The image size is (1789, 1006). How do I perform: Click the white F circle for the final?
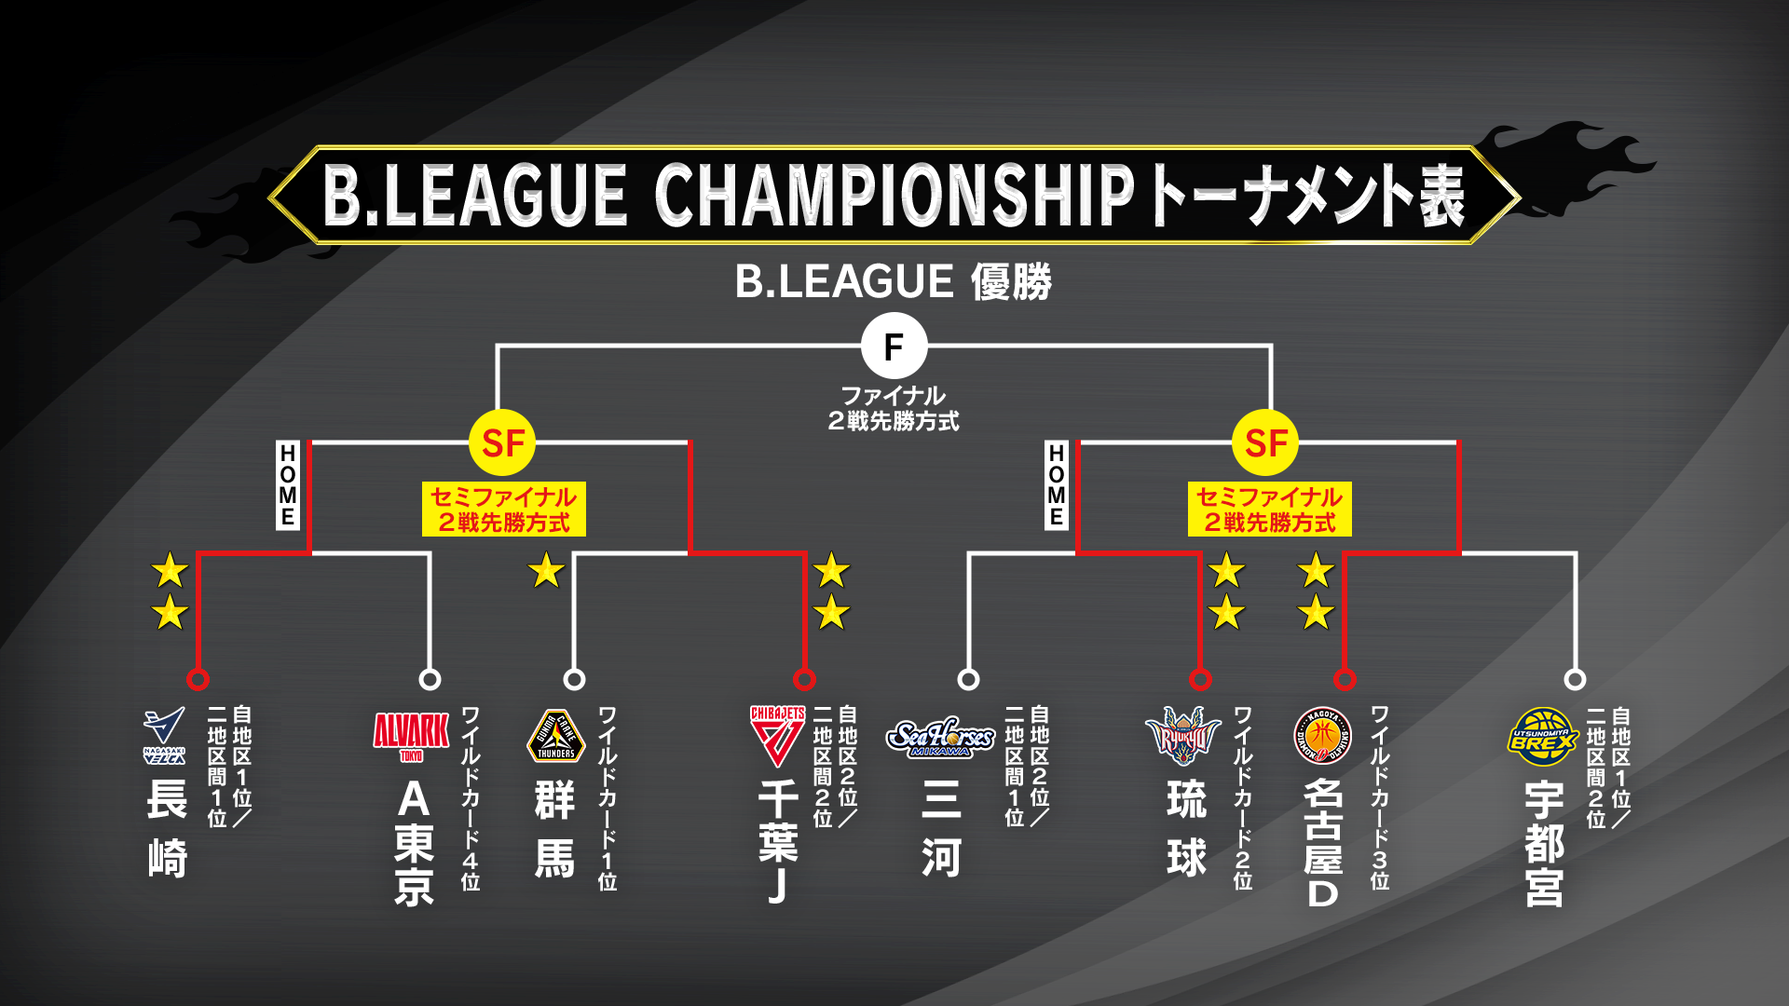894,347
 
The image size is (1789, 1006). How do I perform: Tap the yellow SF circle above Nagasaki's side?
503,443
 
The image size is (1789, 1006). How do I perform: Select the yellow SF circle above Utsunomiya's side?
1265,443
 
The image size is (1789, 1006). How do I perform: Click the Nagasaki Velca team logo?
164,736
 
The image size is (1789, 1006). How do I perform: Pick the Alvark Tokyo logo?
411,737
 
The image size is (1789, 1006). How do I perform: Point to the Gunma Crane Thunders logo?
556,736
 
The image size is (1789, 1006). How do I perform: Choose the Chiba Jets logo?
778,736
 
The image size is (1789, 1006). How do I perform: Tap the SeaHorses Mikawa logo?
940,737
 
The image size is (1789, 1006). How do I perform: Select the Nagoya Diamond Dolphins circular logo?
1322,736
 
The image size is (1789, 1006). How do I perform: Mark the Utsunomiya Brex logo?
1543,737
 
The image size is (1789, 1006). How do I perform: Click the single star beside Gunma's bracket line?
546,570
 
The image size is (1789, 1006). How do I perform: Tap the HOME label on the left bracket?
287,485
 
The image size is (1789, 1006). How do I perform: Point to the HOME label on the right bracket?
1056,485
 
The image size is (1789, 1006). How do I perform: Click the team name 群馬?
555,829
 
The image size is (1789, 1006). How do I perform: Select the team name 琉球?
1187,829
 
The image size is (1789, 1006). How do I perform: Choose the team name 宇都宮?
1544,844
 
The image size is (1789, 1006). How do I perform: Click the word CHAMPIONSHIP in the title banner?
894,195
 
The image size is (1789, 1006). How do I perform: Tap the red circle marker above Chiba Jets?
804,679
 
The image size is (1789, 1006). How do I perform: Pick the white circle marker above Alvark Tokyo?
430,679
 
